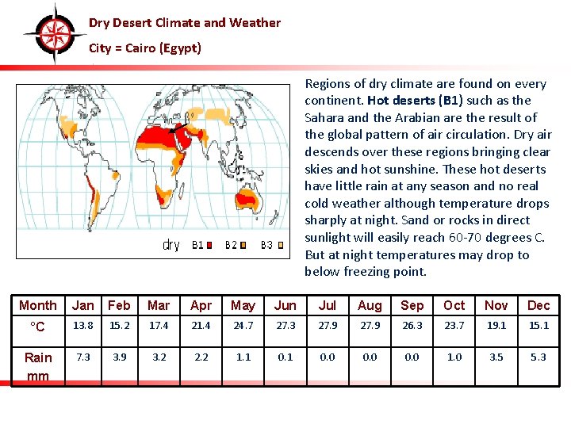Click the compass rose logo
click(x=54, y=34)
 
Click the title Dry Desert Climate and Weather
click(x=184, y=23)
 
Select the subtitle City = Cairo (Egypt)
click(x=144, y=48)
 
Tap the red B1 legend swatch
click(x=210, y=245)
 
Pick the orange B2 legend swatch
click(x=243, y=245)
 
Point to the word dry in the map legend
click(x=171, y=245)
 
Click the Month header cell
click(x=37, y=306)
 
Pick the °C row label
click(x=37, y=327)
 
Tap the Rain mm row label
click(x=37, y=366)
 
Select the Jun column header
click(x=285, y=306)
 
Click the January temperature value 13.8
click(x=82, y=326)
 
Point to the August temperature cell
click(x=370, y=326)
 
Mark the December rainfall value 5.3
click(x=538, y=357)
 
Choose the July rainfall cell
click(x=327, y=357)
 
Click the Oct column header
click(x=454, y=306)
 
